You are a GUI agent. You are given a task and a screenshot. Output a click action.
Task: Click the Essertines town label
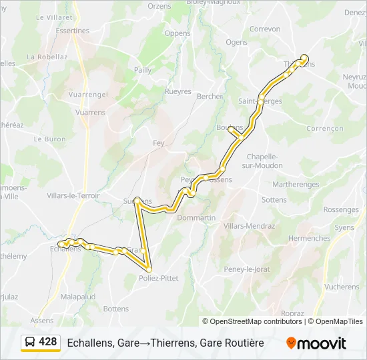(x=73, y=31)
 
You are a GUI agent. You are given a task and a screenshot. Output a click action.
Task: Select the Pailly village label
(x=143, y=69)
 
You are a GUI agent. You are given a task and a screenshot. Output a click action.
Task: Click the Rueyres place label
(x=178, y=91)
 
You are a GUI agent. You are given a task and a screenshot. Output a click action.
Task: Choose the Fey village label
(x=159, y=143)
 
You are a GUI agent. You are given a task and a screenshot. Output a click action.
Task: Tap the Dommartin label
(x=197, y=218)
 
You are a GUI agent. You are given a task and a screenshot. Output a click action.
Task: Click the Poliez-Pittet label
(x=159, y=278)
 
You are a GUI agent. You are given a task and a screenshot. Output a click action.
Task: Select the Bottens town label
(x=116, y=309)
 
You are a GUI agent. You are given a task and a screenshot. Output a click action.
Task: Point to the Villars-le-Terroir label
(x=73, y=195)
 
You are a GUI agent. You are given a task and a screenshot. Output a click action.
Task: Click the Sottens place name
(x=274, y=199)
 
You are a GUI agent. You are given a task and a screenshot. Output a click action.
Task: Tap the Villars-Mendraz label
(x=250, y=226)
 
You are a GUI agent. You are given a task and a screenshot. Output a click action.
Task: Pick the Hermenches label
(x=309, y=238)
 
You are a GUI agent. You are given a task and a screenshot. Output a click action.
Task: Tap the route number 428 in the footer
(x=48, y=342)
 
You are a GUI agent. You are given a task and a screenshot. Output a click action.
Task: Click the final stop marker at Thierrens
(x=304, y=57)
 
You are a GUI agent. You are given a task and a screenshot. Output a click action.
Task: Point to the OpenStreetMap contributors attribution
(x=256, y=321)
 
